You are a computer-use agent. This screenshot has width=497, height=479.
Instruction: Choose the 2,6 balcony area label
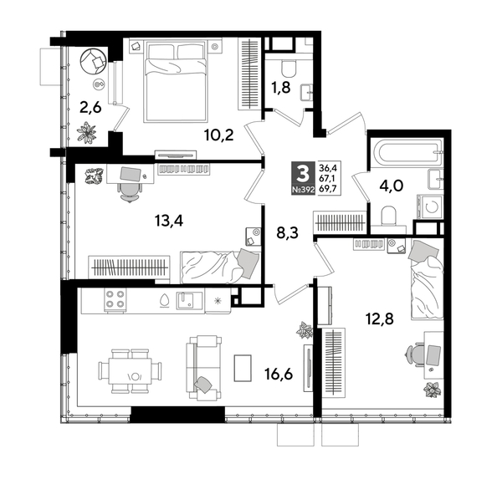pos(92,107)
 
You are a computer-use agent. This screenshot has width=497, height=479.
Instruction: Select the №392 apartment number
pos(301,191)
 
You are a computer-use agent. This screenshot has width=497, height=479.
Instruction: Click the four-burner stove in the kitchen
pos(114,298)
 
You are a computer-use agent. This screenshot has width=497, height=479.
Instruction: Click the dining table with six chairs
pos(131,370)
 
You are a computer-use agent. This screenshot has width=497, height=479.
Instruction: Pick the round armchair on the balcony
pos(92,60)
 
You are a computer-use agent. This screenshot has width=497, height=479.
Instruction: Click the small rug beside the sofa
pos(242,368)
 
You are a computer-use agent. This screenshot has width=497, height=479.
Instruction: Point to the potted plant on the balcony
pos(88,133)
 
